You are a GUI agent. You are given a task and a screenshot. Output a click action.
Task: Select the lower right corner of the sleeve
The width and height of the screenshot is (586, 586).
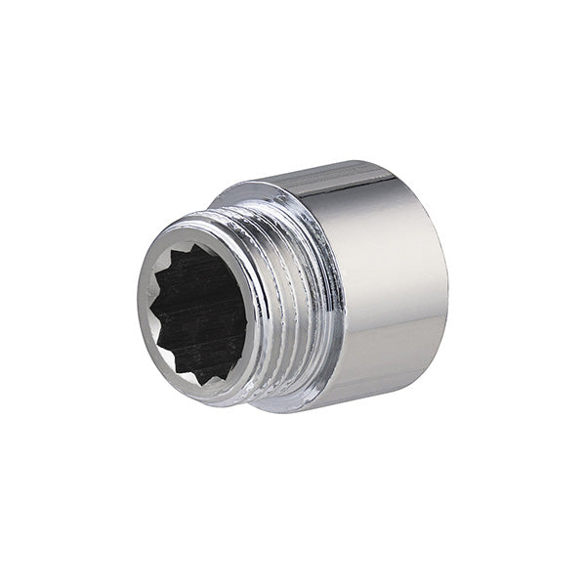coord(430,381)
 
